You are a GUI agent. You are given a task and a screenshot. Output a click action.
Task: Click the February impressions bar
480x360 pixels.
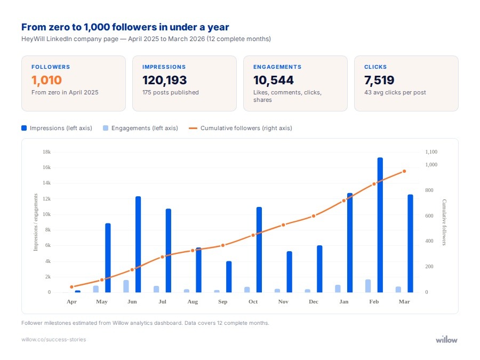(380, 225)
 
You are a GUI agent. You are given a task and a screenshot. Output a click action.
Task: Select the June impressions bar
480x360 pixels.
(138, 244)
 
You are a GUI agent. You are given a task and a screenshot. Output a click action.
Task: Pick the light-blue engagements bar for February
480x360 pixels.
(368, 286)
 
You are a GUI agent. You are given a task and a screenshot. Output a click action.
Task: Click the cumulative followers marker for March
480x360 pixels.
(404, 171)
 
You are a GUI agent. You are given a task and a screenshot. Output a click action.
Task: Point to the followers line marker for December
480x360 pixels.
(314, 216)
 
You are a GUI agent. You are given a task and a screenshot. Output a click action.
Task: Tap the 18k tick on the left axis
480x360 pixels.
(46, 152)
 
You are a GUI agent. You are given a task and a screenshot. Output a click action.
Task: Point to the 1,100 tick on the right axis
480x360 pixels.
(431, 152)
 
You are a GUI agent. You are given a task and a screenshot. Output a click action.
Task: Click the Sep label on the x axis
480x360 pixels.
(223, 302)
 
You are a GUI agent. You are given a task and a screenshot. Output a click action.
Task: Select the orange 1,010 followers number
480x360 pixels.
(47, 81)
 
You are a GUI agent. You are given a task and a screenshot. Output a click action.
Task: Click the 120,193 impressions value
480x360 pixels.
(165, 81)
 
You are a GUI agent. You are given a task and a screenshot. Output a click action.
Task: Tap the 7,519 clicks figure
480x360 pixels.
(379, 81)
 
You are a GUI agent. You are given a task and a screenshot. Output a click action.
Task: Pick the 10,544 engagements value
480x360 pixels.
(274, 81)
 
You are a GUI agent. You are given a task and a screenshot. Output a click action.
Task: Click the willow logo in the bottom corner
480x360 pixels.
(446, 339)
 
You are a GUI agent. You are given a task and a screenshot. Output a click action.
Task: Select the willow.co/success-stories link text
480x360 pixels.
(53, 340)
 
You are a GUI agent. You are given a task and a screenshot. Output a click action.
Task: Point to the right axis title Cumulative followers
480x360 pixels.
(444, 222)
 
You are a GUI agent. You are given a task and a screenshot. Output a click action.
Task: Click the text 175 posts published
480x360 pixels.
(171, 92)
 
